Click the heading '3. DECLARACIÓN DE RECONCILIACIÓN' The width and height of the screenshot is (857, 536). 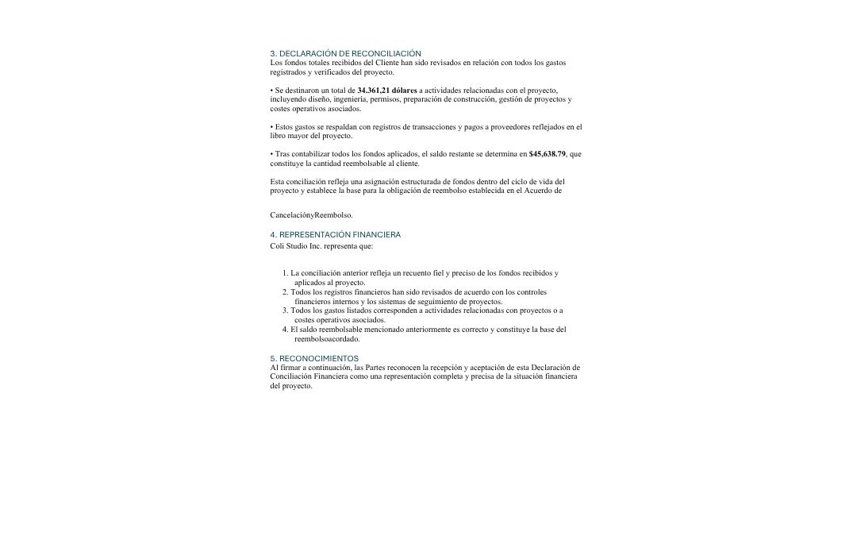[x=345, y=53]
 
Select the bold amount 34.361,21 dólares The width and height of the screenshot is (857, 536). [x=386, y=91]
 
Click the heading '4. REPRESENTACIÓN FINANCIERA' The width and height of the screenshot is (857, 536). [x=335, y=235]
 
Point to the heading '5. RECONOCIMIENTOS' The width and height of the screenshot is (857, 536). [x=314, y=359]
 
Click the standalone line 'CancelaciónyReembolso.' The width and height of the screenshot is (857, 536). [x=311, y=214]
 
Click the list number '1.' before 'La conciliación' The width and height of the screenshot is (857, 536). [x=285, y=273]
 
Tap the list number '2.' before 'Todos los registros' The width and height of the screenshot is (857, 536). [x=285, y=292]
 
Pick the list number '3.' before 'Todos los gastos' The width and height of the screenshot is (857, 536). [x=285, y=310]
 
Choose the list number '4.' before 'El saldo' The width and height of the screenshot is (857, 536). [x=285, y=330]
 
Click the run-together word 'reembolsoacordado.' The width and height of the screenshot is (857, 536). [x=327, y=339]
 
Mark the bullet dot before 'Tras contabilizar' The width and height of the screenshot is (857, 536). [x=271, y=154]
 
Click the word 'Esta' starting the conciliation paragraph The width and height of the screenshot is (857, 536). [x=277, y=182]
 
